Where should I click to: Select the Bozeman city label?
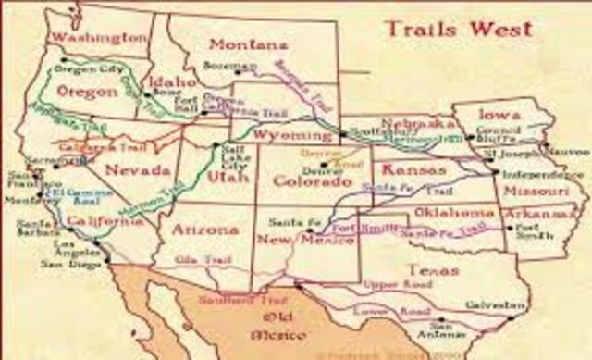coord(221,67)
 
